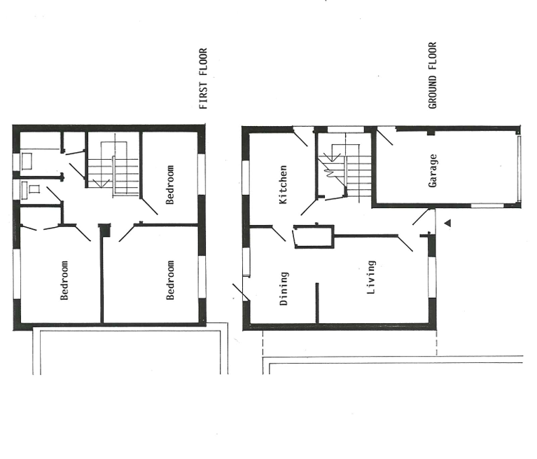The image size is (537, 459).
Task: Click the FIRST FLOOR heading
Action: click(204, 79)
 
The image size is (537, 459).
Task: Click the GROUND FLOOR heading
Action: click(433, 76)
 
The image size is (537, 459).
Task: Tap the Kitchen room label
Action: click(284, 185)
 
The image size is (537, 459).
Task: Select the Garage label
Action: click(433, 171)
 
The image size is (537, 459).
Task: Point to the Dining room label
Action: click(284, 289)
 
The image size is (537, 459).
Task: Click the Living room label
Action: click(371, 278)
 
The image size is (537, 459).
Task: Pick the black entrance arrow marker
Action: click(447, 223)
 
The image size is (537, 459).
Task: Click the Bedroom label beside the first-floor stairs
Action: click(170, 185)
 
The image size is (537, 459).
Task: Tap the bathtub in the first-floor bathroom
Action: click(27, 161)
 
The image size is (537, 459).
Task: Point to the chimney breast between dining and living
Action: click(314, 237)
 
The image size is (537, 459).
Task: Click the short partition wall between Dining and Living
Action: click(317, 303)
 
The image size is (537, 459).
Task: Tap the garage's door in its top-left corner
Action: click(385, 136)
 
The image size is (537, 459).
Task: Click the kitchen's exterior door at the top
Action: click(300, 137)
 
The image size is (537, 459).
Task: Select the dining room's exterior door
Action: click(242, 292)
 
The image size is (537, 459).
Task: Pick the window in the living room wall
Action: click(433, 277)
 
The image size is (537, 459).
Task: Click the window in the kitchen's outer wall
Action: click(246, 177)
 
